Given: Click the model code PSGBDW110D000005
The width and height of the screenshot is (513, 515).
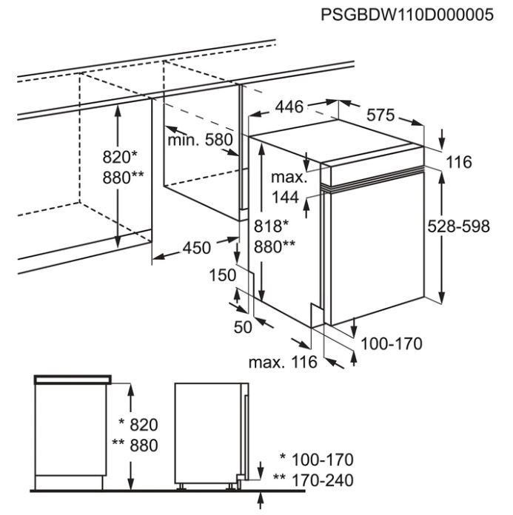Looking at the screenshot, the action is [x=407, y=15].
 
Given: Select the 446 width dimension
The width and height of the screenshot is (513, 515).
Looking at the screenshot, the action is [x=289, y=107].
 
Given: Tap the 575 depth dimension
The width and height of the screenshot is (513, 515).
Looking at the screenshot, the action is [x=380, y=115].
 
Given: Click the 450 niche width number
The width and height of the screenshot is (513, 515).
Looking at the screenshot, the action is [x=196, y=248].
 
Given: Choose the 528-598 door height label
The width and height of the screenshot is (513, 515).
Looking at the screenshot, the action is [x=458, y=226].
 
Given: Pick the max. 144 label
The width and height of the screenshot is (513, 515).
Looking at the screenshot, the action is [x=288, y=187].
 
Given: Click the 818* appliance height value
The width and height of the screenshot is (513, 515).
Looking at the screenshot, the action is [x=271, y=226].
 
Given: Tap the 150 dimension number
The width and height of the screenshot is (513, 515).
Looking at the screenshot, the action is [x=223, y=275].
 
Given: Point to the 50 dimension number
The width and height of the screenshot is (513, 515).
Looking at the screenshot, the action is [x=243, y=327].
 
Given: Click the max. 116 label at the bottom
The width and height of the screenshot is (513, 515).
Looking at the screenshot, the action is [x=283, y=363].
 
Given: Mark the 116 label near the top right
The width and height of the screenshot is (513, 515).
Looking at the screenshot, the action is [x=459, y=162].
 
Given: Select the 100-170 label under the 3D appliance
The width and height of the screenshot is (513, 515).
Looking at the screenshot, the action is [x=392, y=344].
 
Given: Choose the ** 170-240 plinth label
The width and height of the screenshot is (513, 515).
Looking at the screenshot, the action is [x=313, y=480].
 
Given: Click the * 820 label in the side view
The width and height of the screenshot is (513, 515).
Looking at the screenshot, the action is [x=138, y=425].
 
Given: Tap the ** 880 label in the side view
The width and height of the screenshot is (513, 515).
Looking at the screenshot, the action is [x=135, y=445].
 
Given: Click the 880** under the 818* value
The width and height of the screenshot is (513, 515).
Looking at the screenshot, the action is [x=275, y=247].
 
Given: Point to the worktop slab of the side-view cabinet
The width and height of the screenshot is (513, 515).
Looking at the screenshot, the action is [x=73, y=380].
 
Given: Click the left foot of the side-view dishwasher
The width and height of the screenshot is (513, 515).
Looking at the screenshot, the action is [x=181, y=487].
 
